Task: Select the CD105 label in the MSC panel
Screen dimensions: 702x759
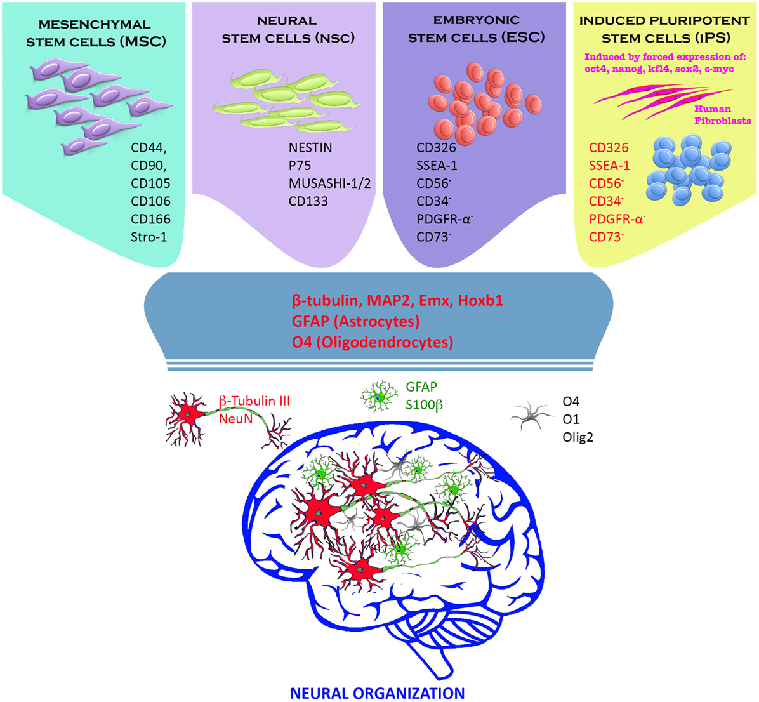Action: [x=151, y=183]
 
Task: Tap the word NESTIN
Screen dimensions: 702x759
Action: [x=310, y=148]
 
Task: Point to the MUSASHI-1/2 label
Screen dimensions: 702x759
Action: [x=329, y=183]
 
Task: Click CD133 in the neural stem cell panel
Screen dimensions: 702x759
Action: [x=308, y=201]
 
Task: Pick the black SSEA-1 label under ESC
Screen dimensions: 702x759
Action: [x=437, y=166]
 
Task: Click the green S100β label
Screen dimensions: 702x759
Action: [x=424, y=404]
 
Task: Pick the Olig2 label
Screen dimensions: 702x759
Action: [x=577, y=437]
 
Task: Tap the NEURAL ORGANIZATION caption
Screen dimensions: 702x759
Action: [x=376, y=692]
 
